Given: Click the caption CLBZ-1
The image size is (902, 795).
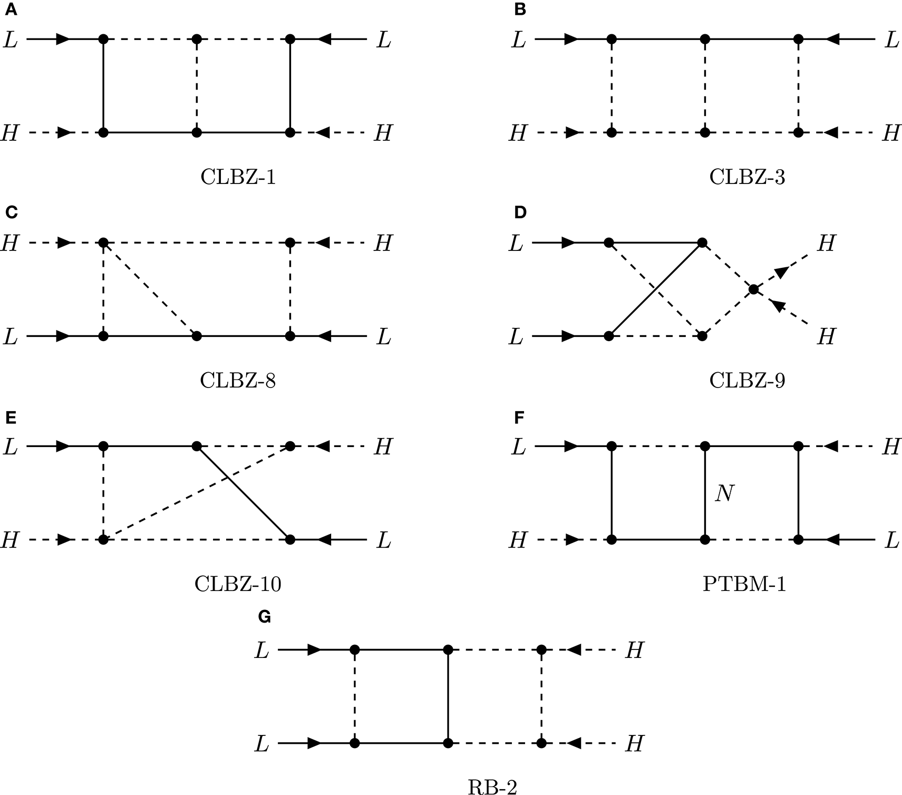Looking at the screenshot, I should tap(238, 178).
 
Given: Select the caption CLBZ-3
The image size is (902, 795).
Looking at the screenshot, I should tap(747, 178).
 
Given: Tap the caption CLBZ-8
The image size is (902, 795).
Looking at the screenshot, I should tap(238, 380).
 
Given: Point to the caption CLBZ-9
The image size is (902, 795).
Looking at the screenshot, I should tap(747, 380).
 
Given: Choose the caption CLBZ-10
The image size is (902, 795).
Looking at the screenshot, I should tap(238, 584).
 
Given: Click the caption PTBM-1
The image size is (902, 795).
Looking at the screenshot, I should tap(744, 584).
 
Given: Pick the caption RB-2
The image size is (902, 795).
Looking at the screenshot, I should tap(492, 787).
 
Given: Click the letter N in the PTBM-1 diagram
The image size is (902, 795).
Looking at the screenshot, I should tap(724, 494).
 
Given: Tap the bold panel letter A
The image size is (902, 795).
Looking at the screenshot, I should tap(11, 10).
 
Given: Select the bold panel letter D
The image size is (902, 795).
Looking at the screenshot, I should tap(520, 212).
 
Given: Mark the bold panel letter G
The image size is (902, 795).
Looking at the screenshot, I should tap(265, 617).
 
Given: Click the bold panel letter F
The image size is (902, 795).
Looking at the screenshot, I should tap(519, 418).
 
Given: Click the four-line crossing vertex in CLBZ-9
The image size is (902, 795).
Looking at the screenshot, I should tap(754, 289).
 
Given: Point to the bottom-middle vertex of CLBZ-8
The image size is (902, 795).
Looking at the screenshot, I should tap(197, 336).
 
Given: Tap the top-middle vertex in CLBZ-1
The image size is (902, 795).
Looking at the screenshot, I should tap(197, 39).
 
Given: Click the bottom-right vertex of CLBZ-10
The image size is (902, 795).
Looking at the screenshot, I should tap(290, 539).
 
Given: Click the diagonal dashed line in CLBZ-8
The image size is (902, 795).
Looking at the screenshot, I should tap(150, 289).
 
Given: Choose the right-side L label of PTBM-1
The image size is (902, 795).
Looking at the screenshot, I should tap(891, 540).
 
